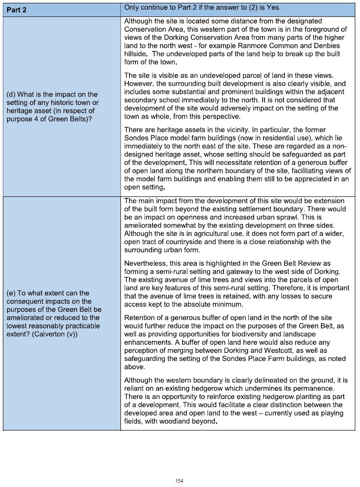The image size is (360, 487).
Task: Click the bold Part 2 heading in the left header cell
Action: [16, 9]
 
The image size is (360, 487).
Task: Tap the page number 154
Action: [179, 481]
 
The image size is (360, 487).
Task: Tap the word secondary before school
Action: [141, 100]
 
